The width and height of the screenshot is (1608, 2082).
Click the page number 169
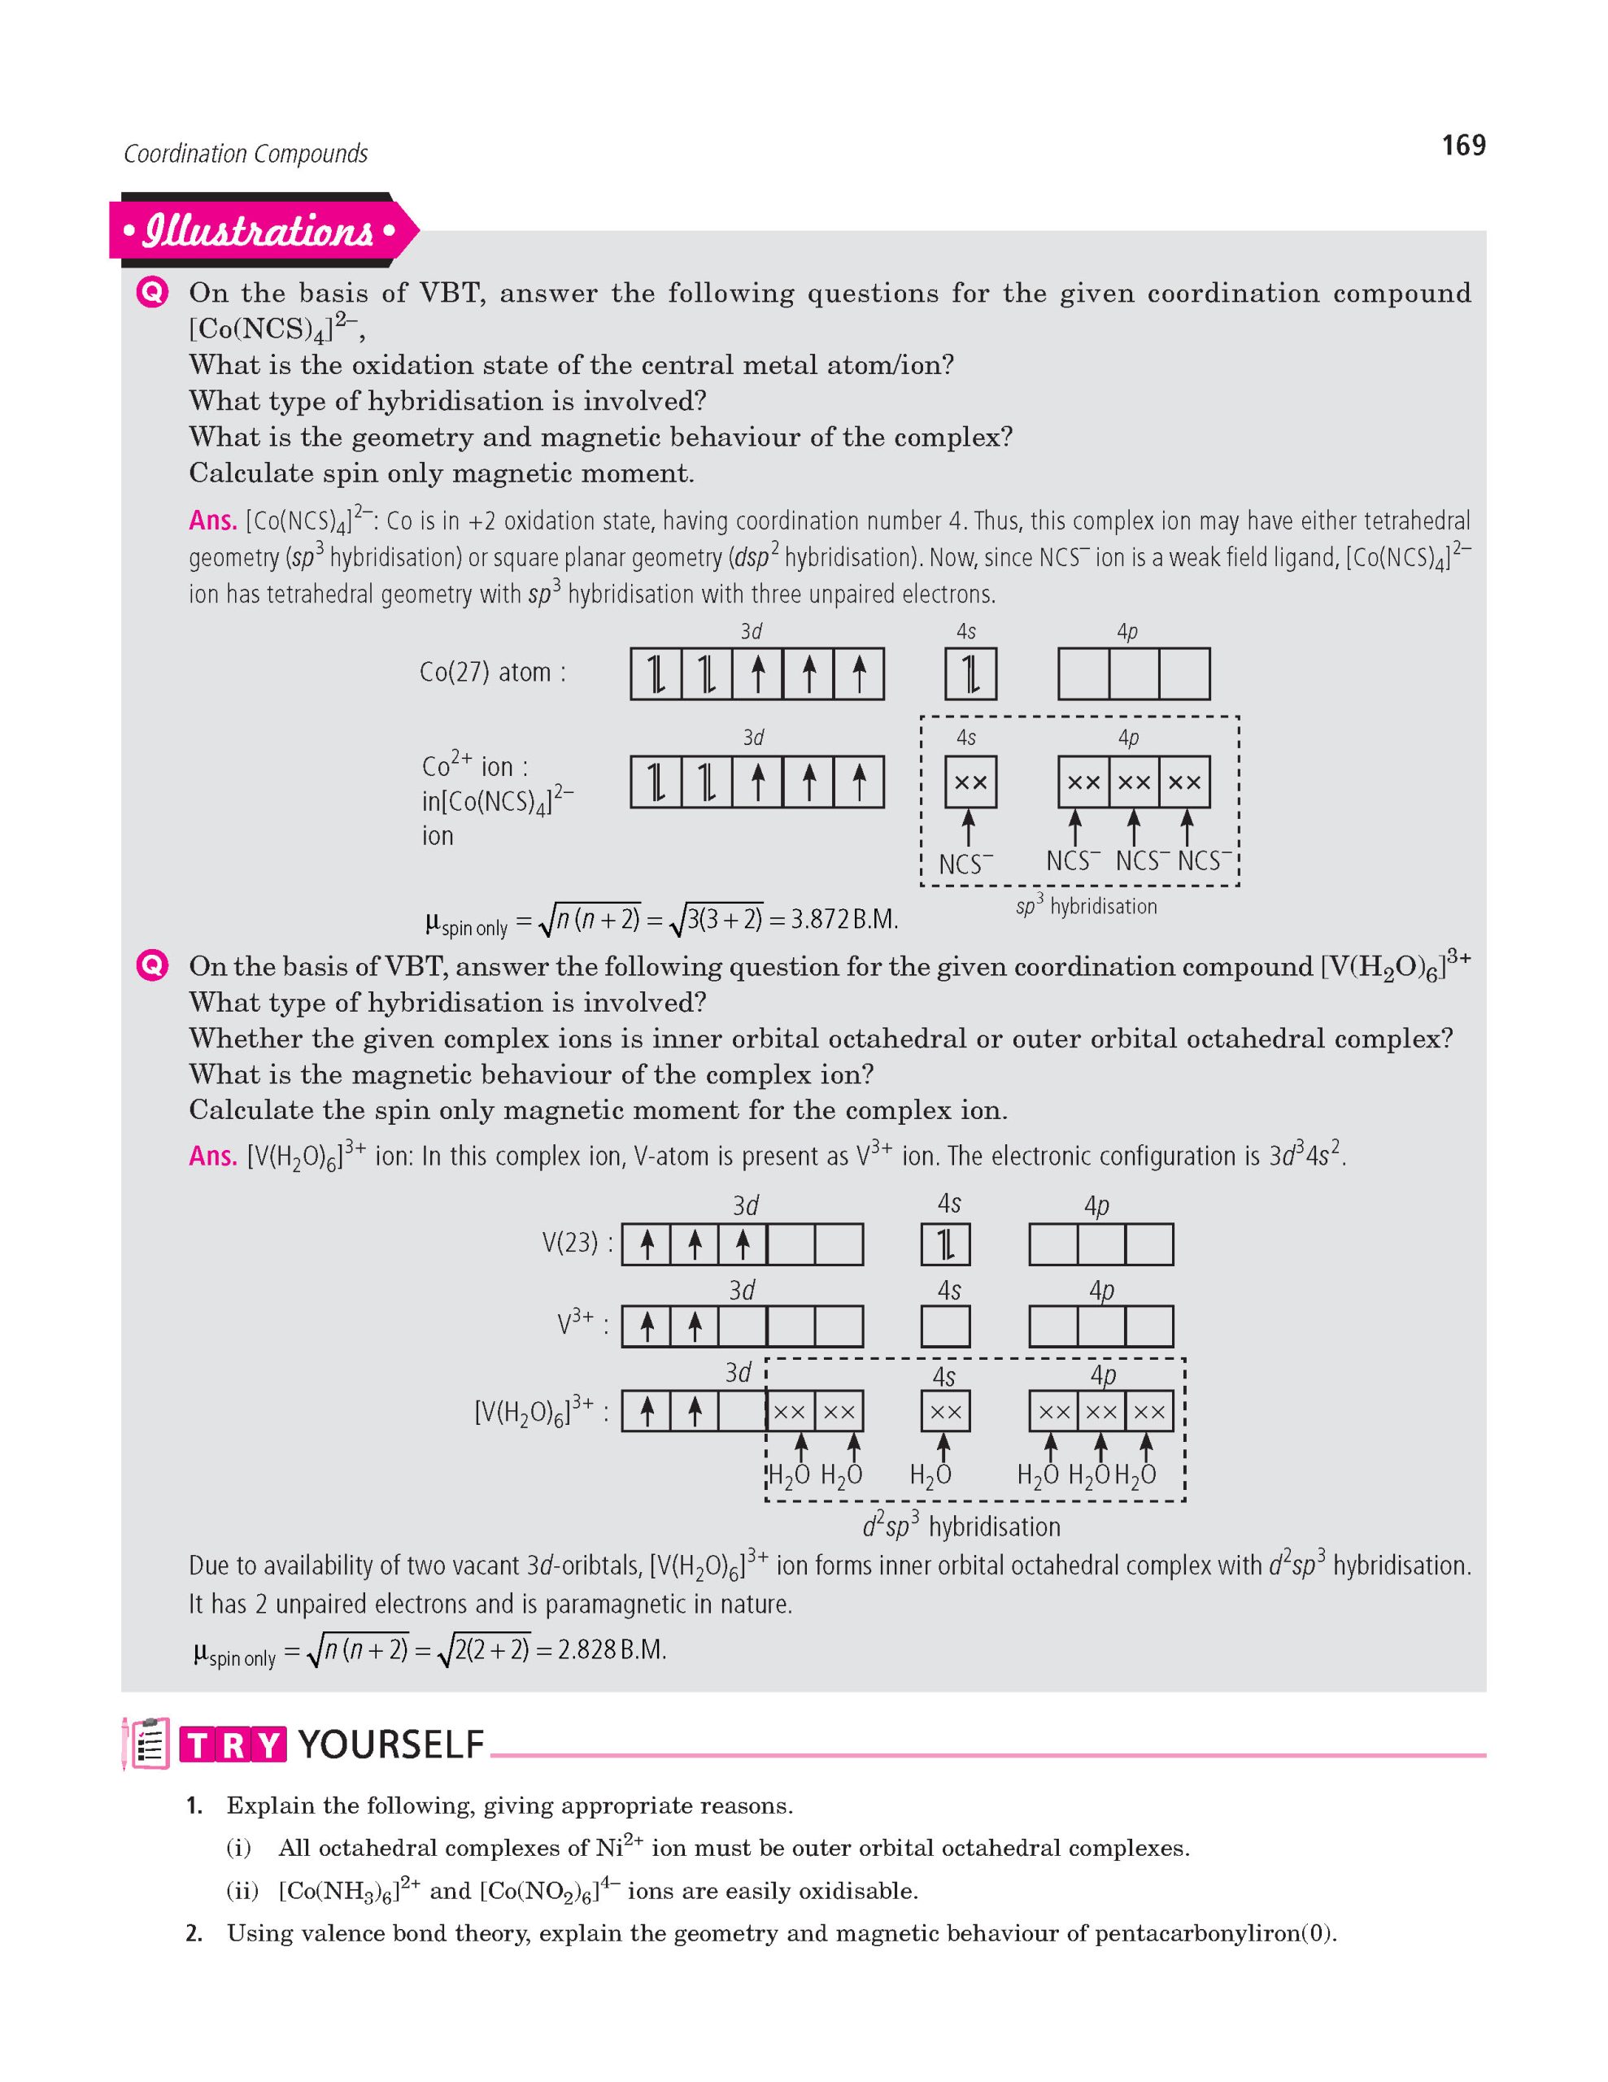coord(1463,145)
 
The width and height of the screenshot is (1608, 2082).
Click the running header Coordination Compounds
coord(245,154)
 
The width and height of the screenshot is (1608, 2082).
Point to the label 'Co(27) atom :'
coord(493,673)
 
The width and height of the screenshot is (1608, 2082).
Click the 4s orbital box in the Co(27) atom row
coord(970,674)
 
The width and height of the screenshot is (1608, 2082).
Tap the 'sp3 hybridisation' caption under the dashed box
coord(1086,907)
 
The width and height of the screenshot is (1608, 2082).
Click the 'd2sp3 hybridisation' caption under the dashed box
coord(961,1527)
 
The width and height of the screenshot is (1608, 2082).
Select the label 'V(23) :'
coord(571,1243)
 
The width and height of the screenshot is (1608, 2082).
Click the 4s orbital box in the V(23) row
coord(946,1244)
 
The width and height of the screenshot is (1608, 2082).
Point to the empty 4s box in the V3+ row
coord(946,1326)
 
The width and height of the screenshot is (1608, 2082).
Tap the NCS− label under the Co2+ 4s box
coord(965,864)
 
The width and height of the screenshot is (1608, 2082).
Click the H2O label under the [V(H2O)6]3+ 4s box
coord(930,1476)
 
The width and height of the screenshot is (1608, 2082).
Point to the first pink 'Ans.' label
coord(211,520)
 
